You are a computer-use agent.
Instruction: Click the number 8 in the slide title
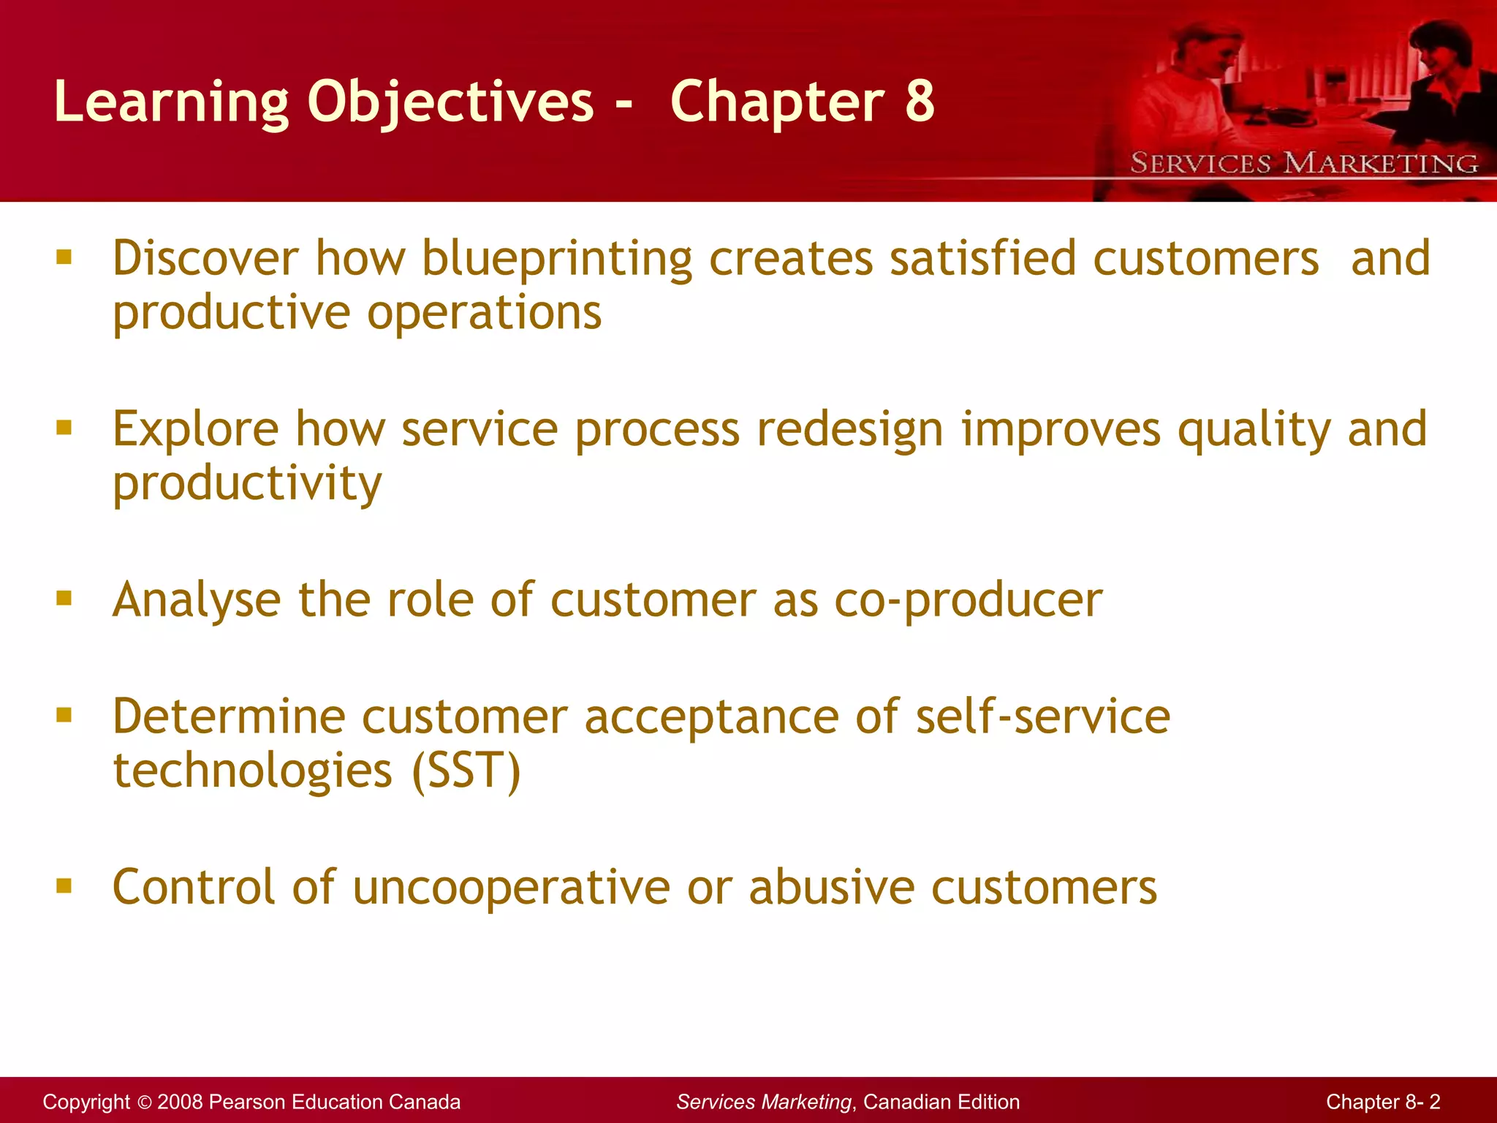[x=920, y=101]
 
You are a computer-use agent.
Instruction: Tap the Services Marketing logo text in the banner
[x=1304, y=163]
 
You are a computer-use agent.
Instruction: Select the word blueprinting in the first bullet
[x=557, y=260]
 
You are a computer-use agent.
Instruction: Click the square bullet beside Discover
[x=64, y=257]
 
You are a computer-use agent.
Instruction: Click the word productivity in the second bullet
[x=247, y=484]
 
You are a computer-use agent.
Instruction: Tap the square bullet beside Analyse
[x=64, y=599]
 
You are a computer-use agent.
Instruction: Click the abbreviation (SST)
[x=466, y=771]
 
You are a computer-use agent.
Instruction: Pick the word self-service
[x=1043, y=716]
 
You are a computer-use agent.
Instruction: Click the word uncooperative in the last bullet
[x=511, y=888]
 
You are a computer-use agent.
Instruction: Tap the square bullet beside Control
[x=64, y=886]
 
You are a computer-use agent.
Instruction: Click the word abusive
[x=831, y=888]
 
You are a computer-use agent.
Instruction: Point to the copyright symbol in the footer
[x=143, y=1103]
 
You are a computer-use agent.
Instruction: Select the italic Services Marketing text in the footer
[x=764, y=1102]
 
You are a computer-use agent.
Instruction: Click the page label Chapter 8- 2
[x=1383, y=1102]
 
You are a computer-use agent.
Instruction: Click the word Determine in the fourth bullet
[x=228, y=716]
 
